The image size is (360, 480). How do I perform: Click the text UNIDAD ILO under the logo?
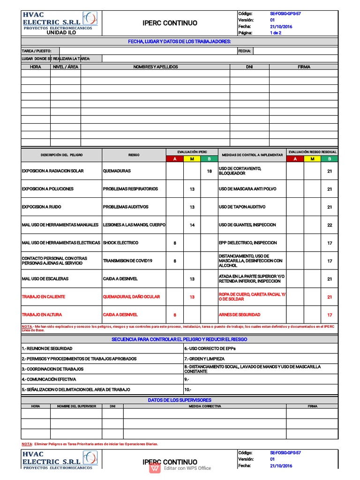(x=61, y=33)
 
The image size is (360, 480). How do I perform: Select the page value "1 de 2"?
(x=276, y=33)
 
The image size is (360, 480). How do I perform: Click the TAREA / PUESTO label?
(x=34, y=51)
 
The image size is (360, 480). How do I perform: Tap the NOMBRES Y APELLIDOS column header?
(x=155, y=67)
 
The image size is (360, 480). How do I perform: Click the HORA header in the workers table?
(x=36, y=67)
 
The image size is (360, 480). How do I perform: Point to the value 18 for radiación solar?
(x=209, y=171)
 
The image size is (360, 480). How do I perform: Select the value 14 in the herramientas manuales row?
(x=192, y=225)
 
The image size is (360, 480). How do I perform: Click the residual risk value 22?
(x=330, y=225)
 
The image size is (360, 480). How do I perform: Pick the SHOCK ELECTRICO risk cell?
(x=120, y=243)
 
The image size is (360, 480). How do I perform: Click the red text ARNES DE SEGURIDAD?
(x=239, y=315)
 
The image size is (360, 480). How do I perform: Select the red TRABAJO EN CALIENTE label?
(x=44, y=297)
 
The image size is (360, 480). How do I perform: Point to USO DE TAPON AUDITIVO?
(x=242, y=207)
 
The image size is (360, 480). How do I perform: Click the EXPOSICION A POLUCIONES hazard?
(x=47, y=189)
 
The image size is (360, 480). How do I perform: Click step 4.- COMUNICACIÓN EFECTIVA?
(x=49, y=379)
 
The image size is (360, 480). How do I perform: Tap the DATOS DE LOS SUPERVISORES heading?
(x=180, y=400)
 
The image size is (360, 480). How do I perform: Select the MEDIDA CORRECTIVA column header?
(x=204, y=406)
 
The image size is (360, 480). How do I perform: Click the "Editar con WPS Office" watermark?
(x=187, y=468)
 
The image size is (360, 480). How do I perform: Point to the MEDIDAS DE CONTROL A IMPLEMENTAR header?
(x=252, y=154)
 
